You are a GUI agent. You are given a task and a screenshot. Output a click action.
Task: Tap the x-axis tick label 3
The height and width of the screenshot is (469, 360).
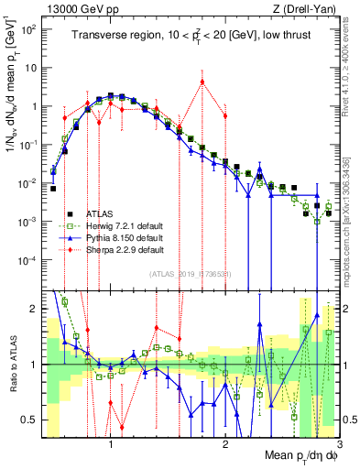pos(338,442)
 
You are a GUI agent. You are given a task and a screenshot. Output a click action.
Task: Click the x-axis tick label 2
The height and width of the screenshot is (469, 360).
pos(224,442)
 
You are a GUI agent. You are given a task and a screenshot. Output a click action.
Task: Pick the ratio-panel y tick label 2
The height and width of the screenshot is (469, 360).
pos(33,309)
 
